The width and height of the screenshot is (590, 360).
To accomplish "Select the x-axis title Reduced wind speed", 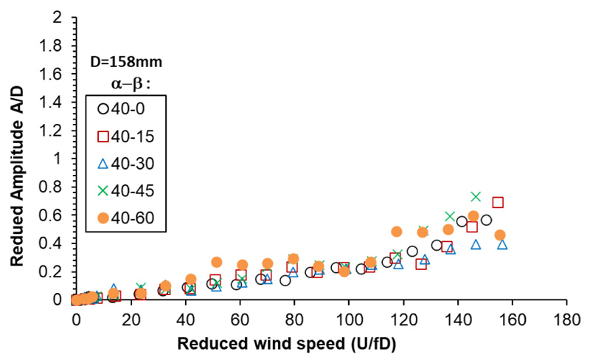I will point(319,343).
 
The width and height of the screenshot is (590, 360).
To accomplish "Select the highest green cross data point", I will point(476,196).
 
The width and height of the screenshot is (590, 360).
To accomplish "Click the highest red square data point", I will point(498,202).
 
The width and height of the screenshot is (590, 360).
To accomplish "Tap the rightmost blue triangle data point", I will point(502,244).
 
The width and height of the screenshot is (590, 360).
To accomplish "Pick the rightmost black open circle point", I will point(486,220).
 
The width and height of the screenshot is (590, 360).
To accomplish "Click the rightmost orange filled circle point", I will point(499,235).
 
